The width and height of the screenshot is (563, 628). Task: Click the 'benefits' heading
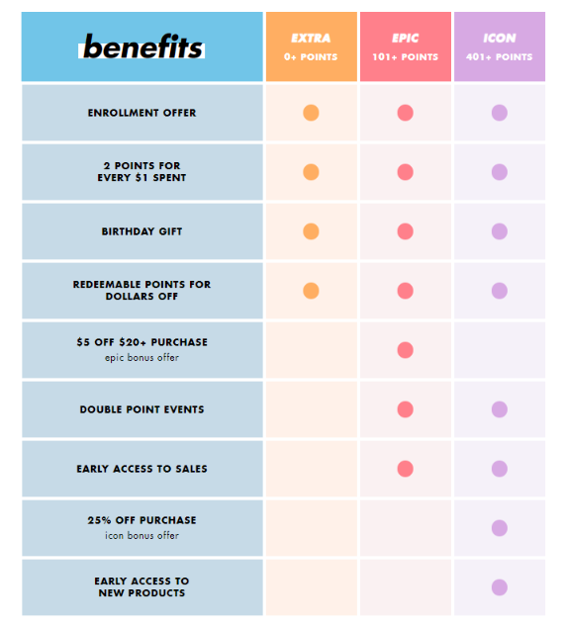[x=142, y=46]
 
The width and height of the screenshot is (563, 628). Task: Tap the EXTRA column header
[x=311, y=39]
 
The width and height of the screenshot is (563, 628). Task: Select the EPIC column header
[x=405, y=39]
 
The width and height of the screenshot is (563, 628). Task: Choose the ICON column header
[x=499, y=39]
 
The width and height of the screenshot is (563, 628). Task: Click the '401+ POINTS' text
[x=499, y=57]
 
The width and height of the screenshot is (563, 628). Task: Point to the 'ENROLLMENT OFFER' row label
[x=141, y=113]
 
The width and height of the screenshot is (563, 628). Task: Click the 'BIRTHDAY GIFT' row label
[x=141, y=231]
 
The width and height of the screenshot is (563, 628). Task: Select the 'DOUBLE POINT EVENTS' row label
[x=141, y=409]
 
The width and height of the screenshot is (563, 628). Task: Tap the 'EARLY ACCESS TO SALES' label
[x=141, y=469]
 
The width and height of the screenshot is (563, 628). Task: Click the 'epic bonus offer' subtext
[x=141, y=358]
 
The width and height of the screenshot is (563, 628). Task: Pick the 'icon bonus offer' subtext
[x=141, y=536]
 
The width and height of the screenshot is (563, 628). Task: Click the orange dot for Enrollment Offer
[x=311, y=113]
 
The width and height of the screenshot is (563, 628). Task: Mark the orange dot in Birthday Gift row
[x=311, y=231]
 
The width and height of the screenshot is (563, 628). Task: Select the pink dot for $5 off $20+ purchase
[x=405, y=350]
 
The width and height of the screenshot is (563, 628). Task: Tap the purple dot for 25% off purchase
[x=499, y=528]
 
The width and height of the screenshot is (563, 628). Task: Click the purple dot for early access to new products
[x=499, y=587]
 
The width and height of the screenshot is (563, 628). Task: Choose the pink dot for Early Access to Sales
[x=405, y=469]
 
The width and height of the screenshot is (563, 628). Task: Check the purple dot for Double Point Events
[x=499, y=409]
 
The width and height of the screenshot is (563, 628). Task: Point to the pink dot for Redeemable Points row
[x=405, y=291]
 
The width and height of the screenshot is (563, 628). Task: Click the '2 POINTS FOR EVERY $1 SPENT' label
[x=141, y=172]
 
